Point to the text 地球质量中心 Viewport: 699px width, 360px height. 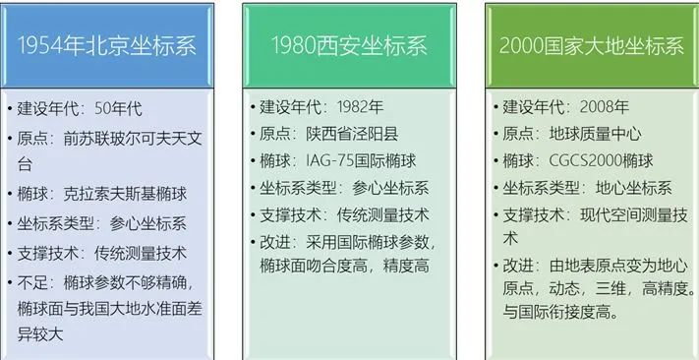tap(604, 132)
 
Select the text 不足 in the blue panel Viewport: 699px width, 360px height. tap(35, 281)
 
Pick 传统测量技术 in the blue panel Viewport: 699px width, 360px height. tap(142, 252)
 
